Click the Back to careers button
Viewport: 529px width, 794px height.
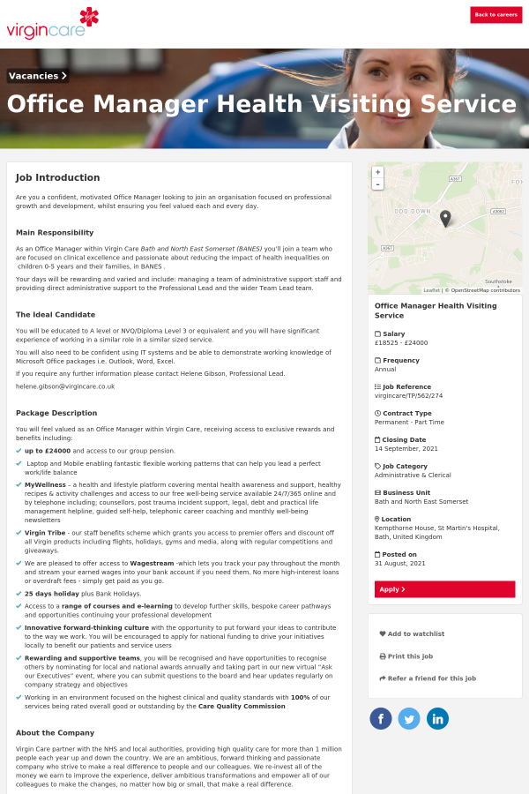pyautogui.click(x=495, y=15)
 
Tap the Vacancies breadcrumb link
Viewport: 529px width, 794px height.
pyautogui.click(x=38, y=76)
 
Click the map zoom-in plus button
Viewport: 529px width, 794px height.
pyautogui.click(x=378, y=172)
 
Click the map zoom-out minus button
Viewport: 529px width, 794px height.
pyautogui.click(x=378, y=184)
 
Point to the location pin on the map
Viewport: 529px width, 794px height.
pyautogui.click(x=445, y=218)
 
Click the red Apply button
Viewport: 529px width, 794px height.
pyautogui.click(x=444, y=589)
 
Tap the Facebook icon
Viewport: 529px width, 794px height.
pyautogui.click(x=381, y=718)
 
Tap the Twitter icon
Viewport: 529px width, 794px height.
pyautogui.click(x=409, y=718)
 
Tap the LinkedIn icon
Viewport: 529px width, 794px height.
pyautogui.click(x=437, y=718)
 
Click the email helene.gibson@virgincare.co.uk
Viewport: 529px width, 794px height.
pyautogui.click(x=65, y=386)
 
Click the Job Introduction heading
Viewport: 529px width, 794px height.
pyautogui.click(x=57, y=177)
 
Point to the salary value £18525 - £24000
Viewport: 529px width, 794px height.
pyautogui.click(x=401, y=342)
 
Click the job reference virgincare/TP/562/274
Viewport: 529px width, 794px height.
pyautogui.click(x=408, y=395)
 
